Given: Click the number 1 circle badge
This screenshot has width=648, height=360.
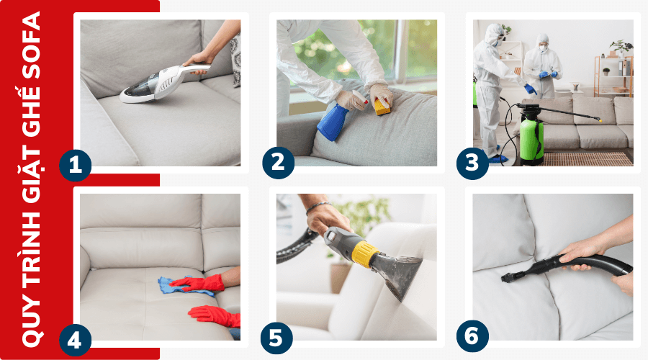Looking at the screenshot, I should (76, 163).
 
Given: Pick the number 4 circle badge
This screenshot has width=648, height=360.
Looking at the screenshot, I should (76, 339).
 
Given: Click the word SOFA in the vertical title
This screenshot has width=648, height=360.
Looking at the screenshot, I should (30, 45).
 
